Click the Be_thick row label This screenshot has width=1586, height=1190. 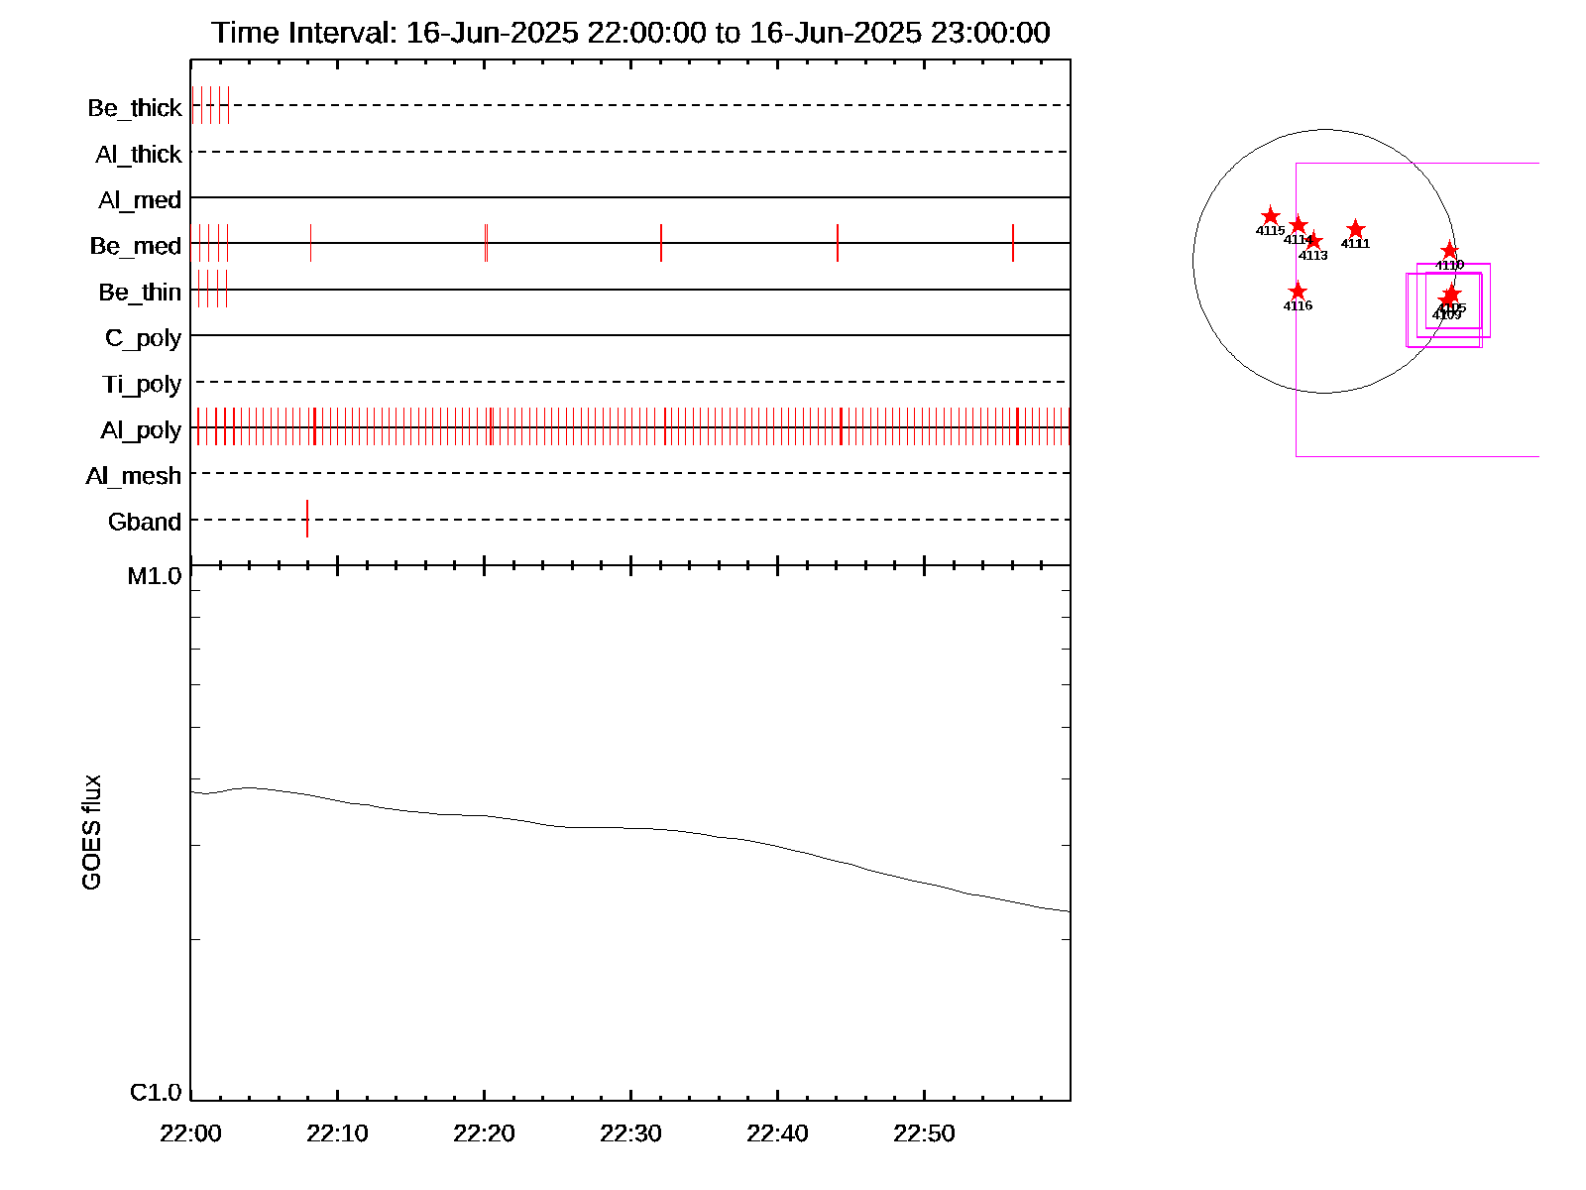[x=135, y=107]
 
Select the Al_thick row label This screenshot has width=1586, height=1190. [x=139, y=154]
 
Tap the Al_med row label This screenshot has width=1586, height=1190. [x=140, y=200]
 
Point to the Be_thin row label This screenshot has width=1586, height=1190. [x=140, y=293]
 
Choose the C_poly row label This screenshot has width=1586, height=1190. [x=143, y=338]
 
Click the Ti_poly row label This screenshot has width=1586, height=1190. [x=142, y=384]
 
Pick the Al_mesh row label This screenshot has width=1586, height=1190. [x=134, y=476]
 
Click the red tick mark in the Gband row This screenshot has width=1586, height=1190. [x=307, y=519]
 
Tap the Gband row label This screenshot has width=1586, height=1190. [x=145, y=522]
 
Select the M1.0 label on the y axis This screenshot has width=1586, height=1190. [x=155, y=576]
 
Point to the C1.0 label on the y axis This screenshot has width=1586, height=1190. [x=156, y=1092]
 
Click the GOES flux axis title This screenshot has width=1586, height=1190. [x=91, y=832]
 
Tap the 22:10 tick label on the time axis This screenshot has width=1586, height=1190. [x=337, y=1133]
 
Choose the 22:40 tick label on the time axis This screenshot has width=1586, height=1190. [x=777, y=1133]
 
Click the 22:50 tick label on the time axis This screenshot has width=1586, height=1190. [x=924, y=1133]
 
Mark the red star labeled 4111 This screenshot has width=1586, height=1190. [x=1356, y=230]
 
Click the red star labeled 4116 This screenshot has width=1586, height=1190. [x=1298, y=292]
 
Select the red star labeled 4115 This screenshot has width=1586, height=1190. [x=1271, y=216]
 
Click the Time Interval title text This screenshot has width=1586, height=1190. [x=630, y=33]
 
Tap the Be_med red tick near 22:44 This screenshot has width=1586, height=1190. [x=838, y=243]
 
